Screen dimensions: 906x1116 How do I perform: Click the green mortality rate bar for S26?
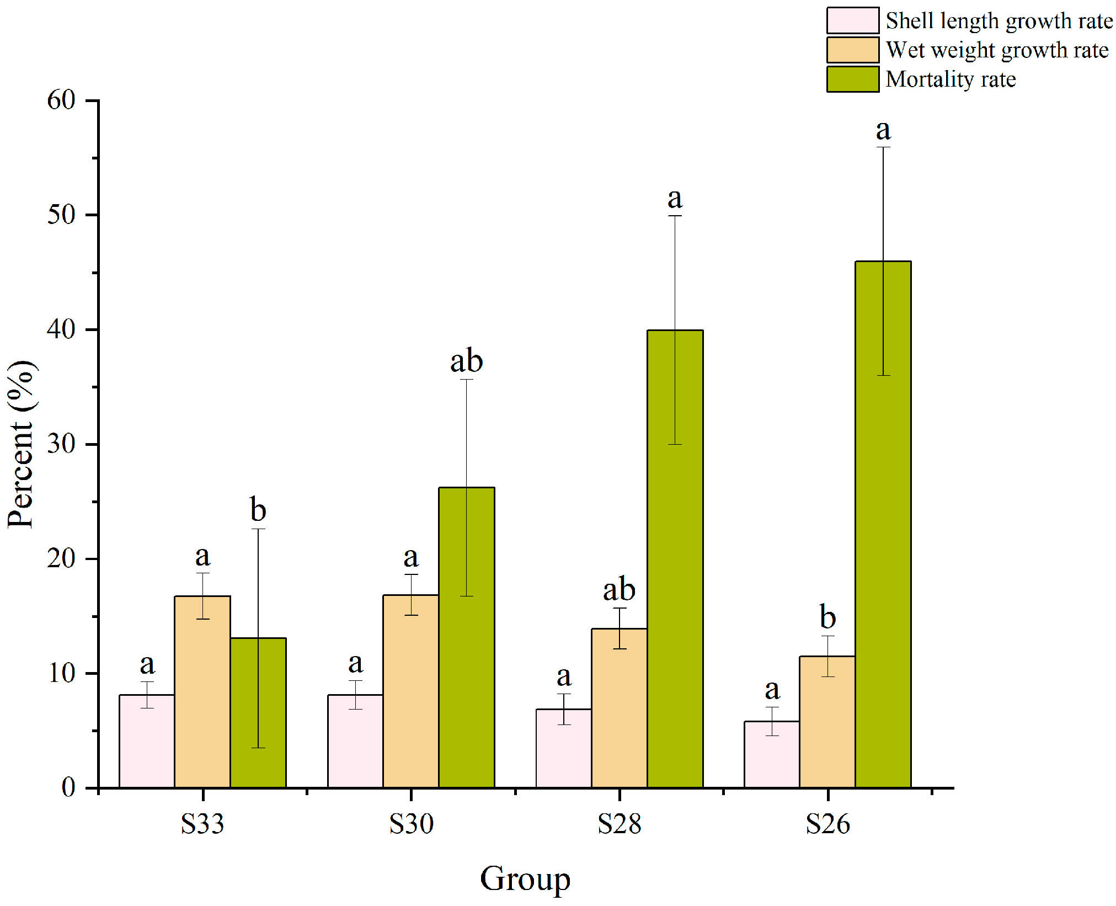pos(883,524)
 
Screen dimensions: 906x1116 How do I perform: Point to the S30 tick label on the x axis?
pos(411,824)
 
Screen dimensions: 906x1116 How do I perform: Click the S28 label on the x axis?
pos(619,824)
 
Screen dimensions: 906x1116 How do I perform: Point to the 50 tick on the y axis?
pos(61,215)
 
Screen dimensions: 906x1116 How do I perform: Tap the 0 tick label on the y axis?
pos(68,787)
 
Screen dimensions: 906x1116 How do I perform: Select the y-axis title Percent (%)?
pos(21,444)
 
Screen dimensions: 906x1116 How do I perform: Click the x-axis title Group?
pos(525,878)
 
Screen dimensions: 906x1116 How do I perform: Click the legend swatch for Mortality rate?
pos(852,79)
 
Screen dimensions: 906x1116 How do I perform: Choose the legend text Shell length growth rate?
pos(999,21)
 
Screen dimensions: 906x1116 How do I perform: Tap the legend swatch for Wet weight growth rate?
pos(852,50)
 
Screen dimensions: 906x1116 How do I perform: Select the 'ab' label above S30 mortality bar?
pos(467,361)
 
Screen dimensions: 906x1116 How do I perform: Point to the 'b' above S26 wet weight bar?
pos(827,616)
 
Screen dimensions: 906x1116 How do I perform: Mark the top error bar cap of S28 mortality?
pos(675,216)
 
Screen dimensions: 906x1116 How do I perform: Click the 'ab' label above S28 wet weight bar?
pos(619,589)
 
